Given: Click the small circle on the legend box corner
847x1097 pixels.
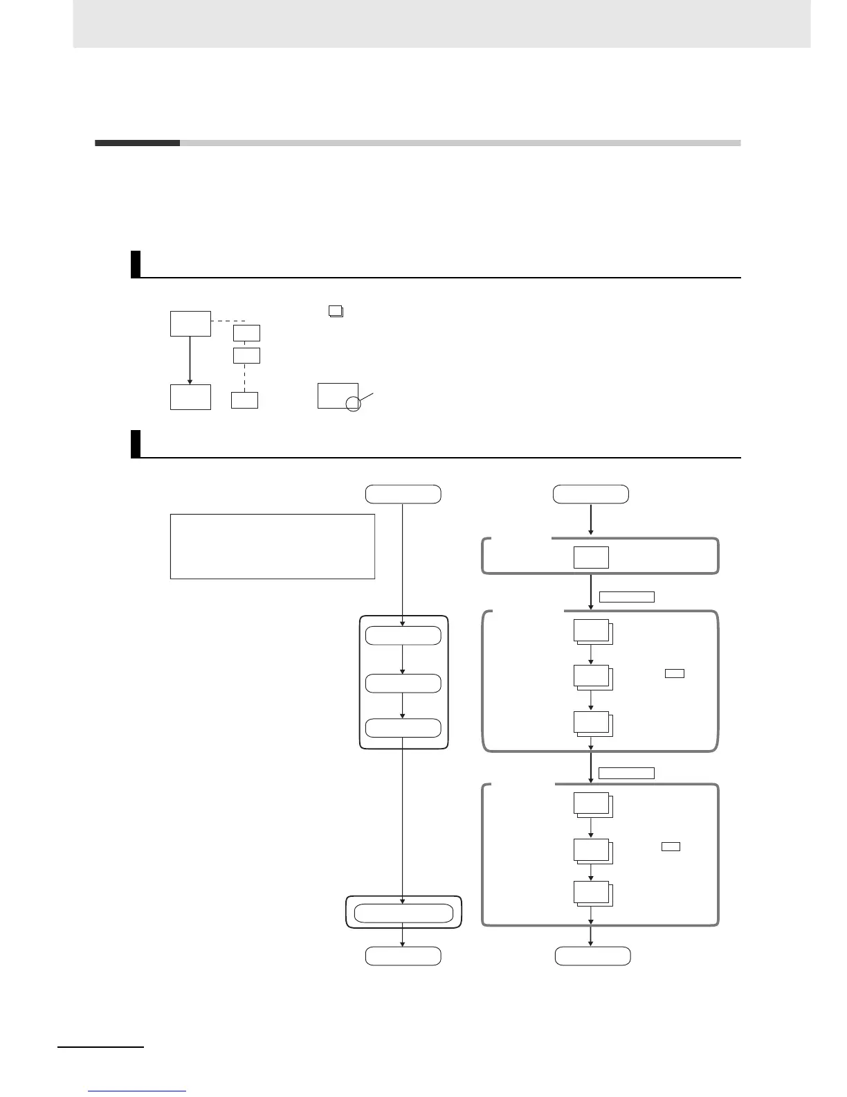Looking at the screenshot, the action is pyautogui.click(x=353, y=404).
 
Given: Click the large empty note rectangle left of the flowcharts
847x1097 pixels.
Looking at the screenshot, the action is pyautogui.click(x=272, y=546).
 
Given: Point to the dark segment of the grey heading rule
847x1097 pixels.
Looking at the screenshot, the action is pyautogui.click(x=137, y=143).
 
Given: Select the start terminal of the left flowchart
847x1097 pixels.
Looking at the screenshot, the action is pyautogui.click(x=403, y=494).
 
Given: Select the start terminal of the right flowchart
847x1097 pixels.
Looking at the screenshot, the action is pyautogui.click(x=591, y=494).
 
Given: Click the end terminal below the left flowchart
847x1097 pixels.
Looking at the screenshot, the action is pyautogui.click(x=403, y=956).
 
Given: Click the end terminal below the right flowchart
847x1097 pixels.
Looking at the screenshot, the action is pyautogui.click(x=592, y=956).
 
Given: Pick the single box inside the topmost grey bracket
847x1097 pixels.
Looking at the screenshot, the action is pyautogui.click(x=591, y=557).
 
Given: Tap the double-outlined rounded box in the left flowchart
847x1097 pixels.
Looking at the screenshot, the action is pyautogui.click(x=403, y=913).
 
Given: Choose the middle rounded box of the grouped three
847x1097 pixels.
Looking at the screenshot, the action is pyautogui.click(x=403, y=683).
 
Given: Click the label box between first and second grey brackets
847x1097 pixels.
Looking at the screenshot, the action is pyautogui.click(x=626, y=597).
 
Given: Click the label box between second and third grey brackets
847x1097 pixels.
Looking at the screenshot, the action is pyautogui.click(x=626, y=773).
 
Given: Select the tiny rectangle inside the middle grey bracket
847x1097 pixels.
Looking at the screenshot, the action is pyautogui.click(x=674, y=673).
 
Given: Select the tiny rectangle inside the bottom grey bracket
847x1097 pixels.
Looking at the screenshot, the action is pyautogui.click(x=671, y=846).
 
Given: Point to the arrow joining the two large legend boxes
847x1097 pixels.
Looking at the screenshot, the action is pyautogui.click(x=190, y=360).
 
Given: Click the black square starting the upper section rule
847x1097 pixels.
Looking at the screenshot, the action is pyautogui.click(x=136, y=264).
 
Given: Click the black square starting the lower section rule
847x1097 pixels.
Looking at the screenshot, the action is pyautogui.click(x=136, y=444).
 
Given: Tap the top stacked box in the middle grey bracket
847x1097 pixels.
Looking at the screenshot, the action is pyautogui.click(x=592, y=632).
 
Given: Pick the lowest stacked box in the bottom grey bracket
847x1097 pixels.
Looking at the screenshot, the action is pyautogui.click(x=592, y=893).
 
